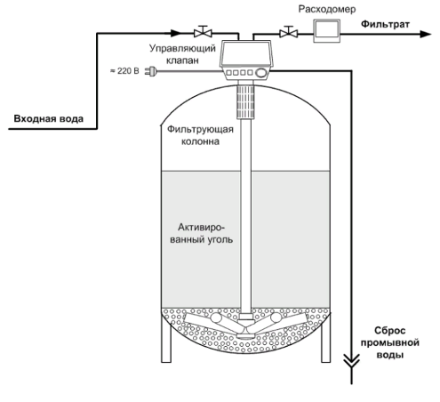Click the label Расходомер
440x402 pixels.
tap(327, 9)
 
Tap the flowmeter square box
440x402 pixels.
tap(327, 31)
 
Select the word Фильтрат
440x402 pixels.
tap(385, 24)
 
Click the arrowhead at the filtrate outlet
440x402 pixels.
tap(426, 34)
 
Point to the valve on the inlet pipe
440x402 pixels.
tap(203, 31)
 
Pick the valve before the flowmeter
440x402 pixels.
tap(289, 32)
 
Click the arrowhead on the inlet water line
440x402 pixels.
tap(176, 33)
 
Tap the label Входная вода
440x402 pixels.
tap(49, 119)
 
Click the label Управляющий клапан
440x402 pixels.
tap(182, 54)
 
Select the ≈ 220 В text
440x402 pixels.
tap(124, 71)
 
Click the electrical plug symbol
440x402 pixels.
tap(151, 71)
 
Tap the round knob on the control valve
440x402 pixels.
tap(260, 73)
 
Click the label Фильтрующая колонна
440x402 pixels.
tap(200, 135)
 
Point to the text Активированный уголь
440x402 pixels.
tap(202, 233)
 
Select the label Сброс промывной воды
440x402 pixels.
tap(389, 342)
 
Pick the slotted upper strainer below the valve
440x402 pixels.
tap(245, 101)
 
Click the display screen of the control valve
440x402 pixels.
tap(246, 53)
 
